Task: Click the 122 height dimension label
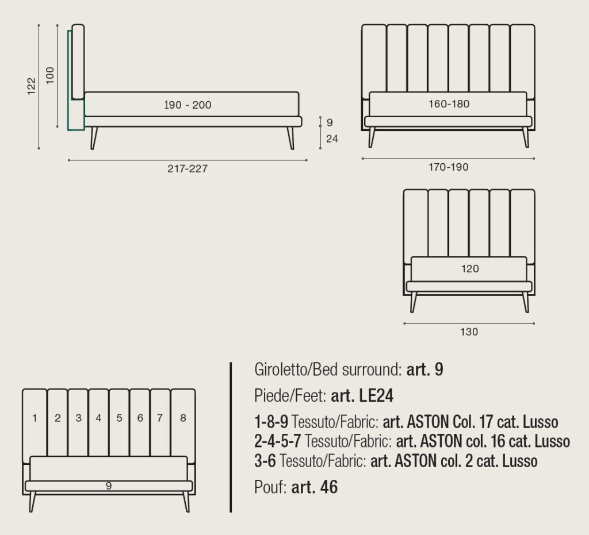coord(32,86)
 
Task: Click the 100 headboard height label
coord(50,75)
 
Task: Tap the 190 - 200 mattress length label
coord(188,105)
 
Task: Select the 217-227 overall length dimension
coord(188,168)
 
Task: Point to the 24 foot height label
coord(332,139)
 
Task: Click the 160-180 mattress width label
coord(449,103)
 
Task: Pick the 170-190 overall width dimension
coord(449,167)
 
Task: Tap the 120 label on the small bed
coord(470,268)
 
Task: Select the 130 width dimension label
coord(469,332)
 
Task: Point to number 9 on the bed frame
coord(109,486)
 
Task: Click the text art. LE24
coord(362,395)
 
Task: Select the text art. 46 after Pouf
coord(315,487)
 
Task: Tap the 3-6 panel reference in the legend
coord(265,461)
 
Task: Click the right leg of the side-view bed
coord(290,138)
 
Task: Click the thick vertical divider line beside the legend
coord(231,437)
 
